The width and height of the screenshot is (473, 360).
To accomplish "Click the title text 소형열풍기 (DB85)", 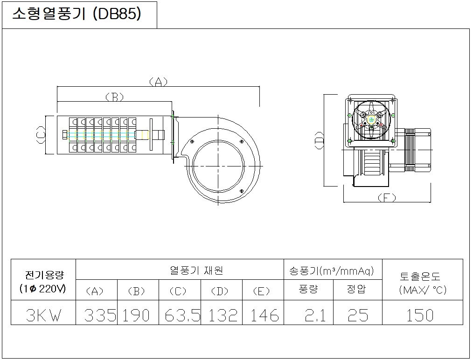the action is point(77,14).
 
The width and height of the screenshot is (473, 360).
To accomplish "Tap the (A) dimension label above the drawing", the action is point(159,82).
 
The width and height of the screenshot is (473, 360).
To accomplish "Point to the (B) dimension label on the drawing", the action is point(115,97).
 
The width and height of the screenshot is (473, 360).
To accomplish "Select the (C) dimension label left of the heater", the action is point(41,135).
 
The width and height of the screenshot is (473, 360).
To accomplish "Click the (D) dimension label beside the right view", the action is point(319,140).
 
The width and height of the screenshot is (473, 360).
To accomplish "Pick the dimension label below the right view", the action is point(387,198).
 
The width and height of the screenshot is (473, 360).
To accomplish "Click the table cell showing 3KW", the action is point(43,315).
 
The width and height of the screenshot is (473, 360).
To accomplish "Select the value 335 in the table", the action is point(100,315).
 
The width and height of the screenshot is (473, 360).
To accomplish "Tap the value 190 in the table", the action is point(136,315).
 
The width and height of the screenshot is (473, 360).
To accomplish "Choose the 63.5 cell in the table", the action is point(182,315).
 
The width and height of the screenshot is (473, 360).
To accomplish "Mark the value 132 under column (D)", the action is point(223,315).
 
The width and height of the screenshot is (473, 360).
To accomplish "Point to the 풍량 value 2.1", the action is point(315,315).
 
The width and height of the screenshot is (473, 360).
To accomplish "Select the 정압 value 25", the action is point(358,315).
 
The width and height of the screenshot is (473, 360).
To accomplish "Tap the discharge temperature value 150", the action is point(420,315).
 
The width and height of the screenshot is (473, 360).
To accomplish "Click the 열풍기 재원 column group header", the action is point(196,270).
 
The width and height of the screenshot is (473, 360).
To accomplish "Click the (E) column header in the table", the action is point(261,291).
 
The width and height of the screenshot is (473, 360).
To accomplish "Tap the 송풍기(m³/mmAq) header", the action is point(332,271).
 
